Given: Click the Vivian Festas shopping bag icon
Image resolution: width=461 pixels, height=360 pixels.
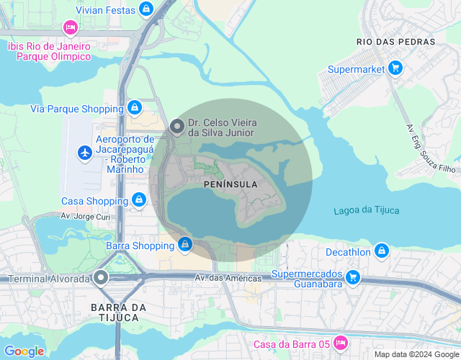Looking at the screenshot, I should tap(146, 9).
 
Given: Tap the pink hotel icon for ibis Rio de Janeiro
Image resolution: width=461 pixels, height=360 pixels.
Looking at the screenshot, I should tap(70, 28).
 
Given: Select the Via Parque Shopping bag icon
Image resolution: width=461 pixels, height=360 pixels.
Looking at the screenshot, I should tap(134, 108).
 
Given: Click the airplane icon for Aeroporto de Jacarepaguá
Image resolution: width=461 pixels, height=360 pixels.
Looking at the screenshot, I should tap(85, 153).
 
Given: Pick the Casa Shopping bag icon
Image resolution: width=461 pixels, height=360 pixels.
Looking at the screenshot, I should tap(138, 201).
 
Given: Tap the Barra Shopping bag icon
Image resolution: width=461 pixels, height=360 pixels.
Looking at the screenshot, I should tap(186, 246).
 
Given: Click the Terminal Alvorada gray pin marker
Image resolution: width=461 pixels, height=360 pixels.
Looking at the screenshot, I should tap(101, 277).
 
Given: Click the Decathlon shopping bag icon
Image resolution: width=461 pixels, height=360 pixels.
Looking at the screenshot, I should tap(382, 251).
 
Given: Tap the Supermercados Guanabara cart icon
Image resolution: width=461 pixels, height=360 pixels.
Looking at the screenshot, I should tap(352, 277).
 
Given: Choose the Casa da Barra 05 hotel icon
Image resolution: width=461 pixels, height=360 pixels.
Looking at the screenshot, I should tap(341, 343).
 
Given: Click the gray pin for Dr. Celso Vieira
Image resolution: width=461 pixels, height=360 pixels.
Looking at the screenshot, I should tap(177, 127).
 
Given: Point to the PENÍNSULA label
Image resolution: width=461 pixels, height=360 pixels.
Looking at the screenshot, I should tap(225, 184).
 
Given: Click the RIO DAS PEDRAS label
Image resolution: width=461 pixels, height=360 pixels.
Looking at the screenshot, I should tap(396, 42).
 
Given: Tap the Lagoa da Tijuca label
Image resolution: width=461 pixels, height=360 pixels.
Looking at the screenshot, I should tap(367, 210).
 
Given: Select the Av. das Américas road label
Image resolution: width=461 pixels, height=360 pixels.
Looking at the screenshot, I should tap(228, 278).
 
